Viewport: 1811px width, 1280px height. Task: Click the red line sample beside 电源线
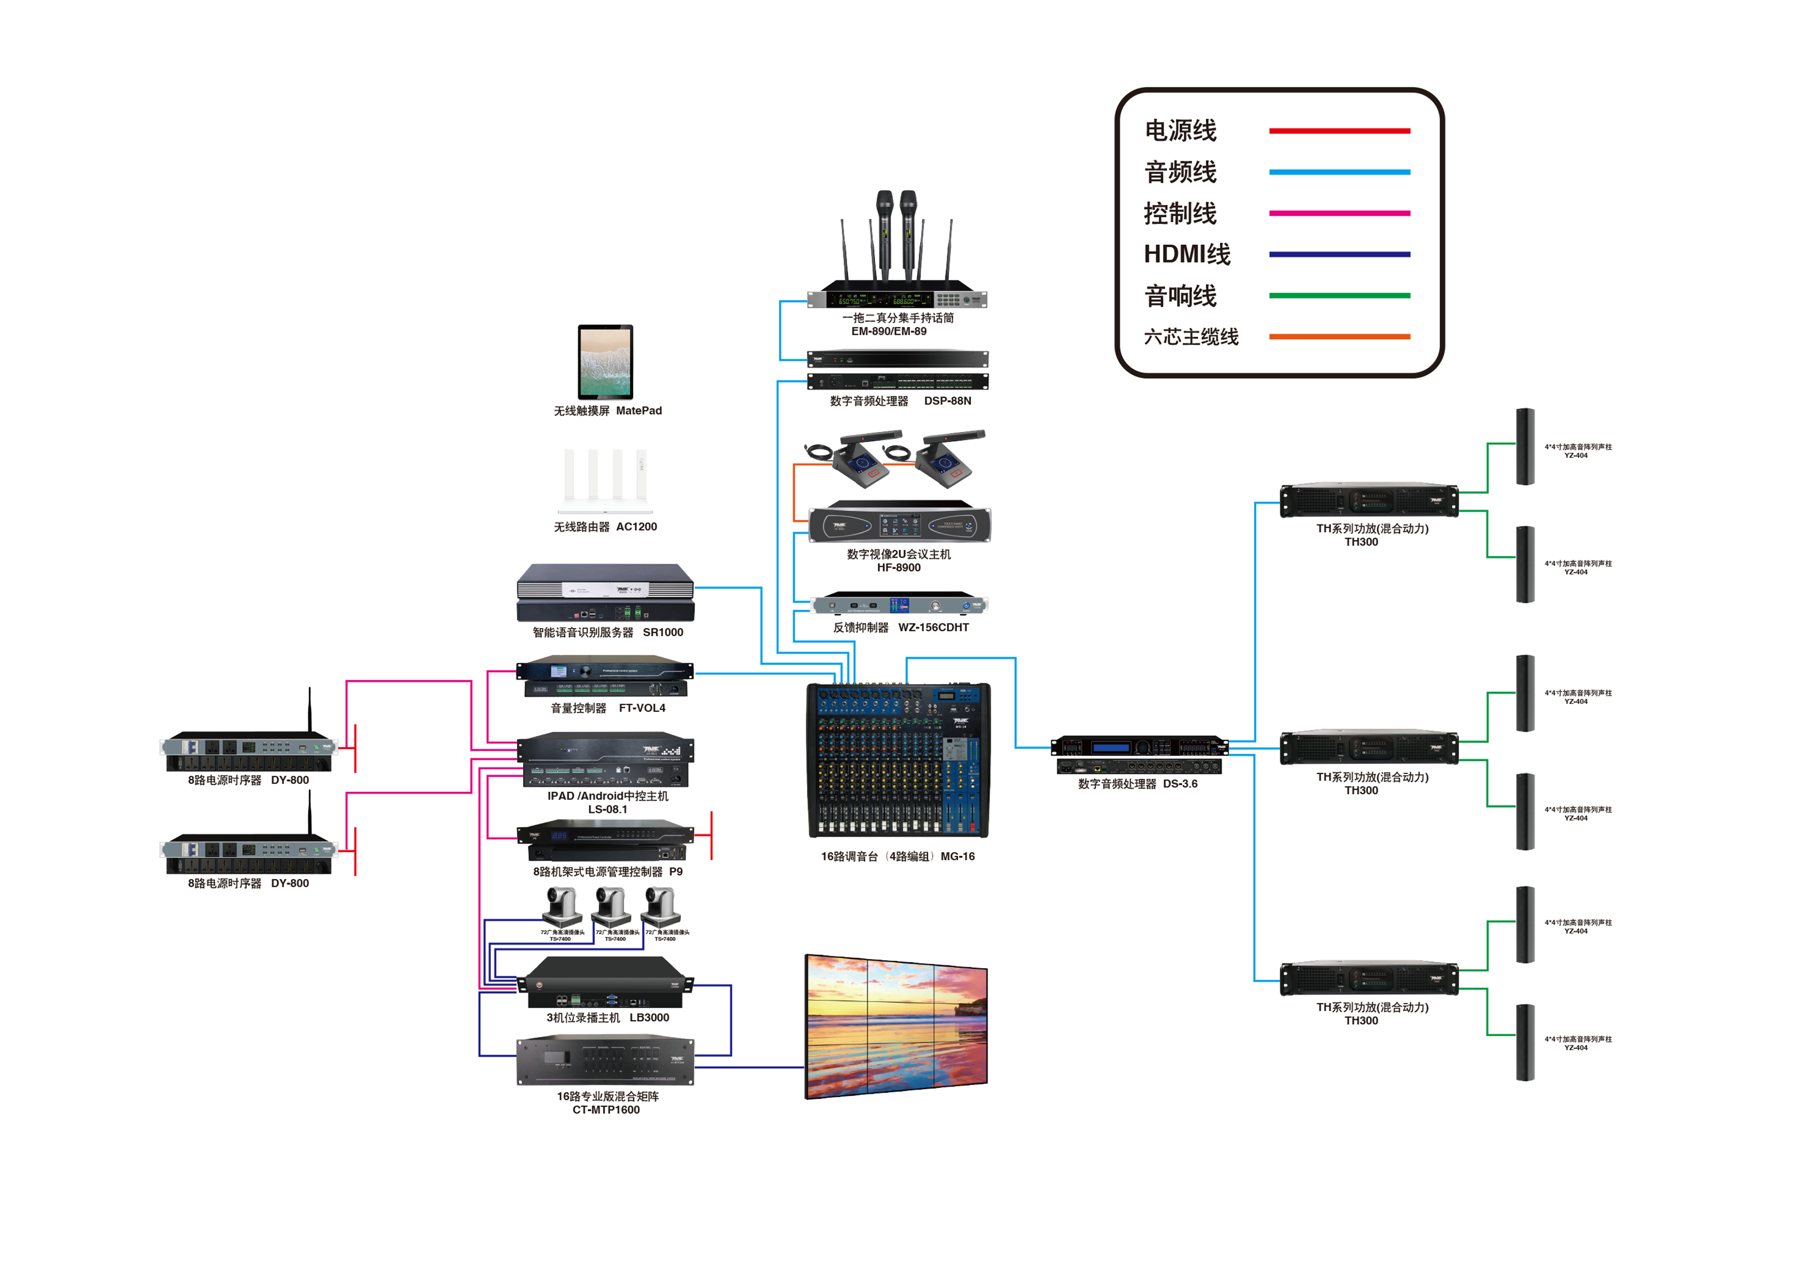click(x=1339, y=131)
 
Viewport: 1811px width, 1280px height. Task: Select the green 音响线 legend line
click(x=1339, y=296)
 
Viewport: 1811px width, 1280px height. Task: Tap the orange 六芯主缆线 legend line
click(x=1339, y=337)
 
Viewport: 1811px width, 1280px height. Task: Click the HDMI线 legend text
click(x=1186, y=254)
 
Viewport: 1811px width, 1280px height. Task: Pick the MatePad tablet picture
click(x=605, y=362)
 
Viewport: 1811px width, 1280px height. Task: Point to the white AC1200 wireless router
click(x=606, y=481)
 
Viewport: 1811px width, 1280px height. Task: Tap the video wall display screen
click(x=896, y=1026)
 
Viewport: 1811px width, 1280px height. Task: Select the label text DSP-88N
click(x=947, y=401)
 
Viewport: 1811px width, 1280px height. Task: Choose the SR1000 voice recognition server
click(x=605, y=593)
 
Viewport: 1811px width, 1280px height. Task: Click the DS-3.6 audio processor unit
click(x=1139, y=755)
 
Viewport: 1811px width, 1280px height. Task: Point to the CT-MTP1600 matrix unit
click(x=605, y=1062)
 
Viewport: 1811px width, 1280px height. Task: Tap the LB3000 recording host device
click(x=605, y=983)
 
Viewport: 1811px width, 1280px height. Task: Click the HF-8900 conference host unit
click(x=899, y=522)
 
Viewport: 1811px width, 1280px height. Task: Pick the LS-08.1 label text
click(x=607, y=809)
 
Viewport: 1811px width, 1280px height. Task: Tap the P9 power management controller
click(x=605, y=841)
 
